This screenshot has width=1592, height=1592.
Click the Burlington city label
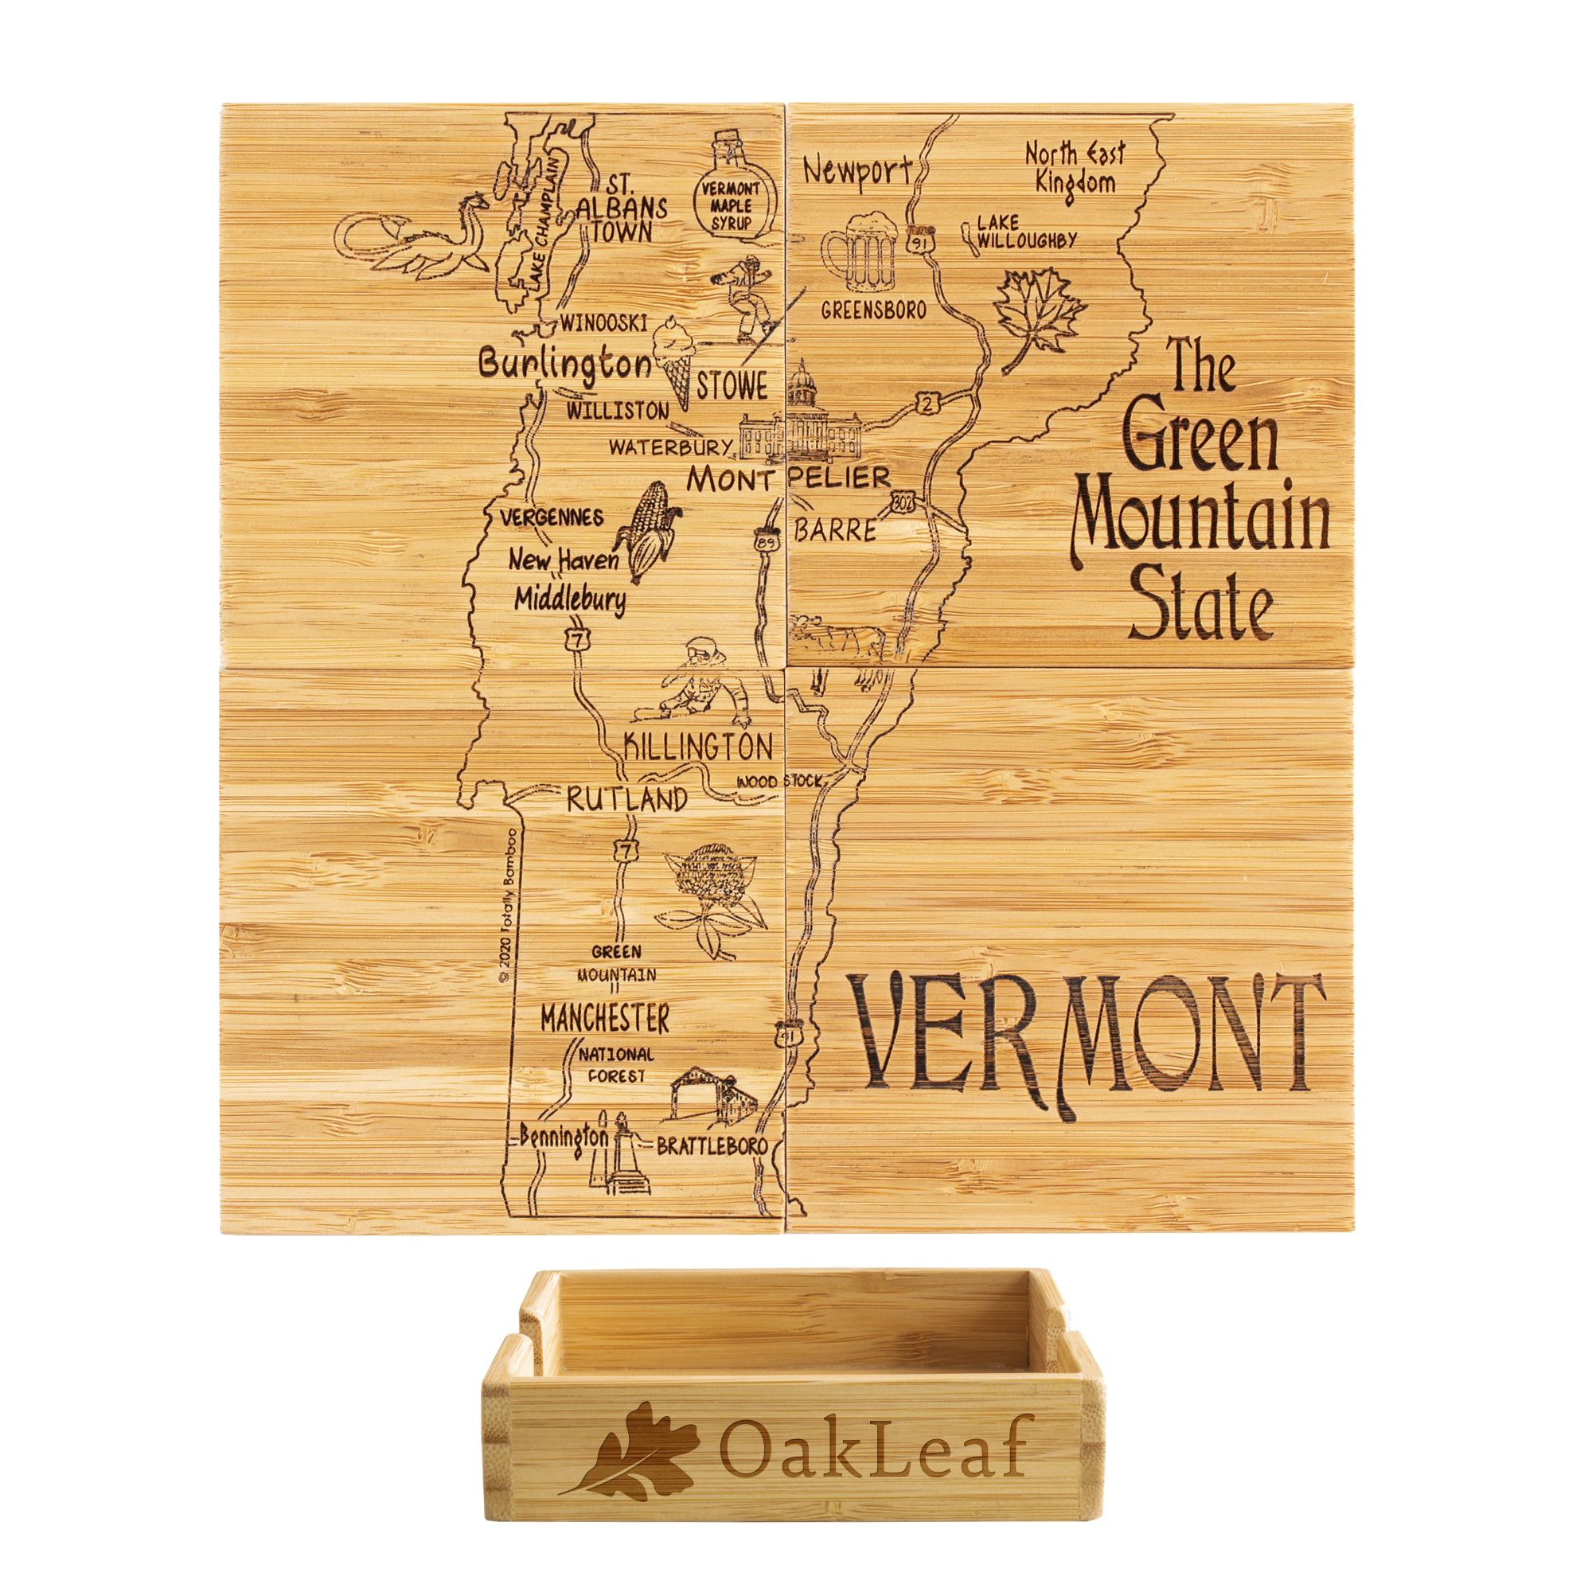coord(564,364)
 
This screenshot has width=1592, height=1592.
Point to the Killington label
coord(698,747)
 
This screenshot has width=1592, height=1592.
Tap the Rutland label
coord(626,798)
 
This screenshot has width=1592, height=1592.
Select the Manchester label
coord(605,1019)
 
